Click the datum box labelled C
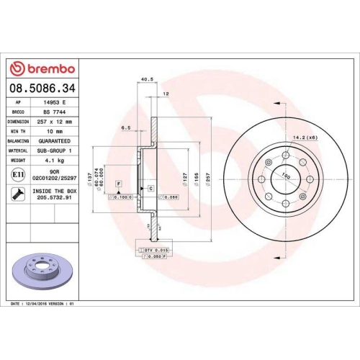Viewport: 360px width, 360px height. point(150,189)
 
